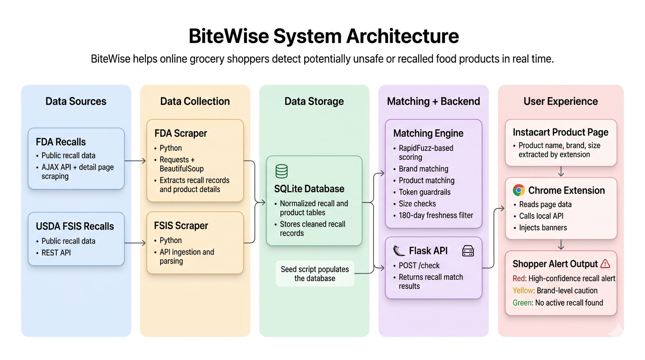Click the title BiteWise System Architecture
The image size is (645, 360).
[323, 36]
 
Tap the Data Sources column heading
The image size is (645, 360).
[76, 101]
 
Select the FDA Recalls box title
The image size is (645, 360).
[61, 142]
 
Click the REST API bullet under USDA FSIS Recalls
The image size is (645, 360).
[56, 253]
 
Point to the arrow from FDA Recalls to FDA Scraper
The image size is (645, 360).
[135, 161]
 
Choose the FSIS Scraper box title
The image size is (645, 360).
[181, 225]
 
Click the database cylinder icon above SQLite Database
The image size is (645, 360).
[281, 172]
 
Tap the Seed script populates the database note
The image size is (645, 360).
[315, 274]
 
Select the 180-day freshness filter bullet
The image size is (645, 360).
[436, 215]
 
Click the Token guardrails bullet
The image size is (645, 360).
[424, 192]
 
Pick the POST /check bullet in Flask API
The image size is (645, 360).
[419, 265]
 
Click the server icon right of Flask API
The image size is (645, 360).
[468, 251]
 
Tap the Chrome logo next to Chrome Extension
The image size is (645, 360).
[518, 190]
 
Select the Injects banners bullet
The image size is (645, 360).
[543, 227]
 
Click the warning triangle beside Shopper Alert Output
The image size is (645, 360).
[605, 263]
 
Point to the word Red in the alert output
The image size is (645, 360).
[519, 278]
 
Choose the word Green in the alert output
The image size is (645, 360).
[522, 302]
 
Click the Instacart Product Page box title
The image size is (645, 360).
[560, 132]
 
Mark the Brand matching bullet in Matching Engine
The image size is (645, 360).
[423, 169]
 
